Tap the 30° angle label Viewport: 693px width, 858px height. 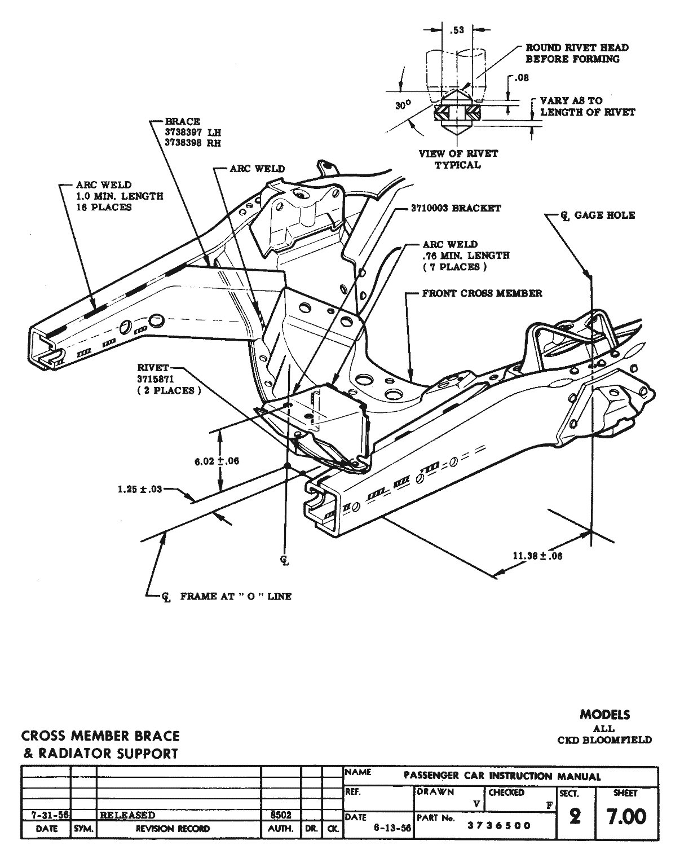coord(402,104)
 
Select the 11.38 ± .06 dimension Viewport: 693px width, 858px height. coord(537,556)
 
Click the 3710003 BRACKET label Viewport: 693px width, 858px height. coord(456,208)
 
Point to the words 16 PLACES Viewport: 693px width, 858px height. coord(104,207)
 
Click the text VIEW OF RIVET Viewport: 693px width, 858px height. coord(458,153)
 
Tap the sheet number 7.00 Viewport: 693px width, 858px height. coord(626,816)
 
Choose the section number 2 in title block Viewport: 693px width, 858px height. coord(575,816)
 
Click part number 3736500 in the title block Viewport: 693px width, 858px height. coord(499,826)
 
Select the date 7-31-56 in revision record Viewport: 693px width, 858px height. coord(46,815)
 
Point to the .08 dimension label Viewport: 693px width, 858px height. coord(522,78)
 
